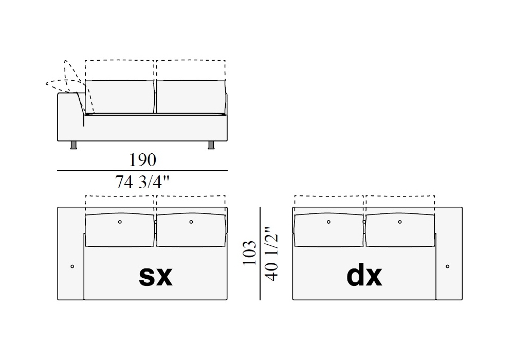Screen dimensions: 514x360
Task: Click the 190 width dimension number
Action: [142, 160]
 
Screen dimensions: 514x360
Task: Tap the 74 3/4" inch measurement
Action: [142, 182]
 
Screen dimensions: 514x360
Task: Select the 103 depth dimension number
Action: [250, 253]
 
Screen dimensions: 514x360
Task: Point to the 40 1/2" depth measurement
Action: [272, 253]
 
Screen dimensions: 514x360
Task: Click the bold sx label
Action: [156, 276]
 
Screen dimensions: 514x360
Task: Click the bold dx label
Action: [364, 276]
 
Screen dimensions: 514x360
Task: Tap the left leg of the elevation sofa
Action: [74, 145]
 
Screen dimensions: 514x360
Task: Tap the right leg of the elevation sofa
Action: [211, 145]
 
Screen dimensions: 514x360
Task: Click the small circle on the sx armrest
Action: [72, 266]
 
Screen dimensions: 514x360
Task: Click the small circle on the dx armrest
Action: [448, 266]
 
